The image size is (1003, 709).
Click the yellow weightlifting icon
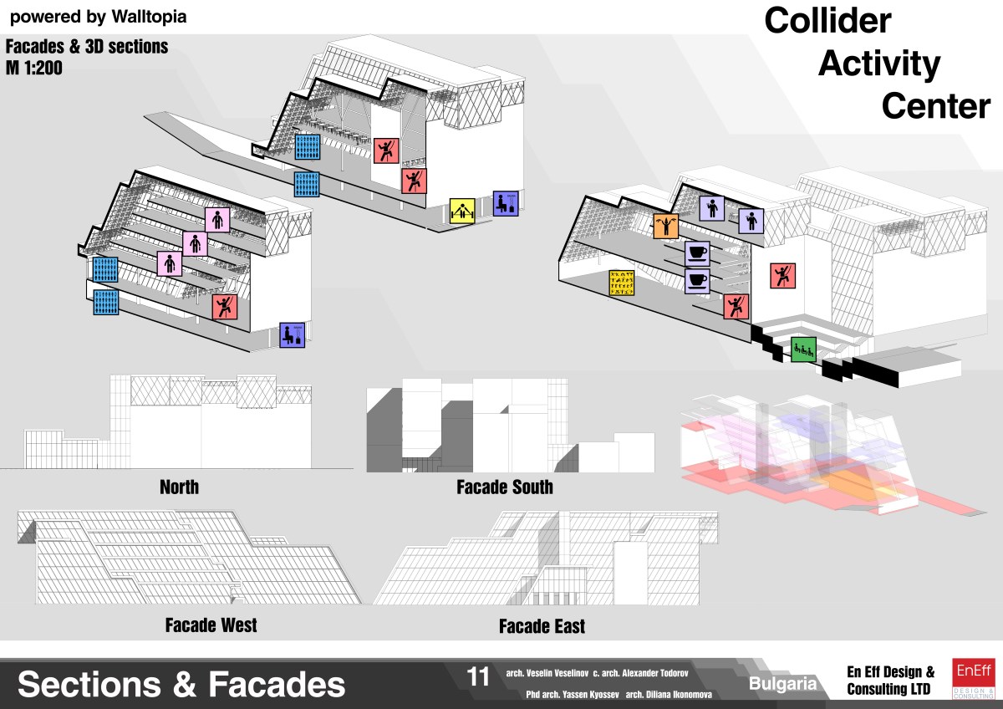click(x=462, y=211)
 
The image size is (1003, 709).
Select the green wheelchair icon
click(x=804, y=349)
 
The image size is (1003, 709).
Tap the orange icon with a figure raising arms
click(x=666, y=227)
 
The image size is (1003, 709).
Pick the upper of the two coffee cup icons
click(x=697, y=254)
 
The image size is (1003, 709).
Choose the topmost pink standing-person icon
click(x=217, y=219)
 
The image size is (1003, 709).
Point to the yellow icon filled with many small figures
click(x=622, y=283)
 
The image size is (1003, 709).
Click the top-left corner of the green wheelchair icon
click(x=792, y=337)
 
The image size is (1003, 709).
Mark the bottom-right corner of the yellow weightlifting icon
click(x=475, y=223)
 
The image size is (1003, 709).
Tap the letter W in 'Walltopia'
click(x=120, y=17)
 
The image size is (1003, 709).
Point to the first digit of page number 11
click(x=472, y=676)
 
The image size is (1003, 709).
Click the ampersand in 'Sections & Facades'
click(x=185, y=684)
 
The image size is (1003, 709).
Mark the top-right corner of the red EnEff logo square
click(x=995, y=658)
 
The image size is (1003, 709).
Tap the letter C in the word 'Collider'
click(x=779, y=21)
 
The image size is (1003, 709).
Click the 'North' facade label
click(x=179, y=487)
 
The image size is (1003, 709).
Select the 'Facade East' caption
click(x=542, y=626)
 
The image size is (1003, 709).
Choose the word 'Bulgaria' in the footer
click(x=782, y=684)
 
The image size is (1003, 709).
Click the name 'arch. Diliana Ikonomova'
click(x=669, y=695)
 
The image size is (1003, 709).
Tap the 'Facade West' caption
click(x=211, y=625)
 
